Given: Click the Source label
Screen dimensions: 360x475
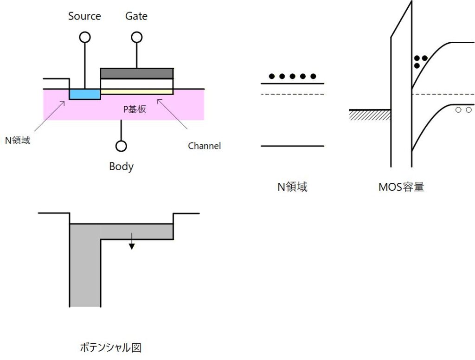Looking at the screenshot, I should pos(84,16).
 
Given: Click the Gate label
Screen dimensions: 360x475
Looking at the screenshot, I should pos(136,16).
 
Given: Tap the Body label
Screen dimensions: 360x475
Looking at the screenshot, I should pos(121,166).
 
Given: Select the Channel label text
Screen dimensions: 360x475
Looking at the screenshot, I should pos(204,146).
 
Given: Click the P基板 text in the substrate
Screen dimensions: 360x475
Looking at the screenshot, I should pos(135,109).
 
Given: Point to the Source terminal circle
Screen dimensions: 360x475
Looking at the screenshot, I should pos(85,37).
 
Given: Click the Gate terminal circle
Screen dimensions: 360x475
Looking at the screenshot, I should pos(136,37).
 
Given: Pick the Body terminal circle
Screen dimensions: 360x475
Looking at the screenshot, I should pos(121,146).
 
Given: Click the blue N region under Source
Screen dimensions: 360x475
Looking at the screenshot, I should pos(85,94).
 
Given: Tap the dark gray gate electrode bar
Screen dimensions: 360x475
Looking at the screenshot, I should pos(137,73).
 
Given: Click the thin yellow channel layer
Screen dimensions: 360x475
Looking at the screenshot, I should pos(137,92).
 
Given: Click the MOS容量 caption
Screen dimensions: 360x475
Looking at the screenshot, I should pos(401,187).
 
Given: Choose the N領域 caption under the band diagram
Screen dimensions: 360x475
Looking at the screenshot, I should pos(292,187).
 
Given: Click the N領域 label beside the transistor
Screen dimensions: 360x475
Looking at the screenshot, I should pos(18,140).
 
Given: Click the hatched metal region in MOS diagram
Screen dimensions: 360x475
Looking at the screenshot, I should pos(370,115).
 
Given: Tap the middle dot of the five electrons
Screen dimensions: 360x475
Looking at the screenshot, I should pos(292,76).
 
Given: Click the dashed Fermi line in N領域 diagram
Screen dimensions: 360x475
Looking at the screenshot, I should pos(292,94).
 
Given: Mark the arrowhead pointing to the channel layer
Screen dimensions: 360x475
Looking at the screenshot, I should pos(159,98).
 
